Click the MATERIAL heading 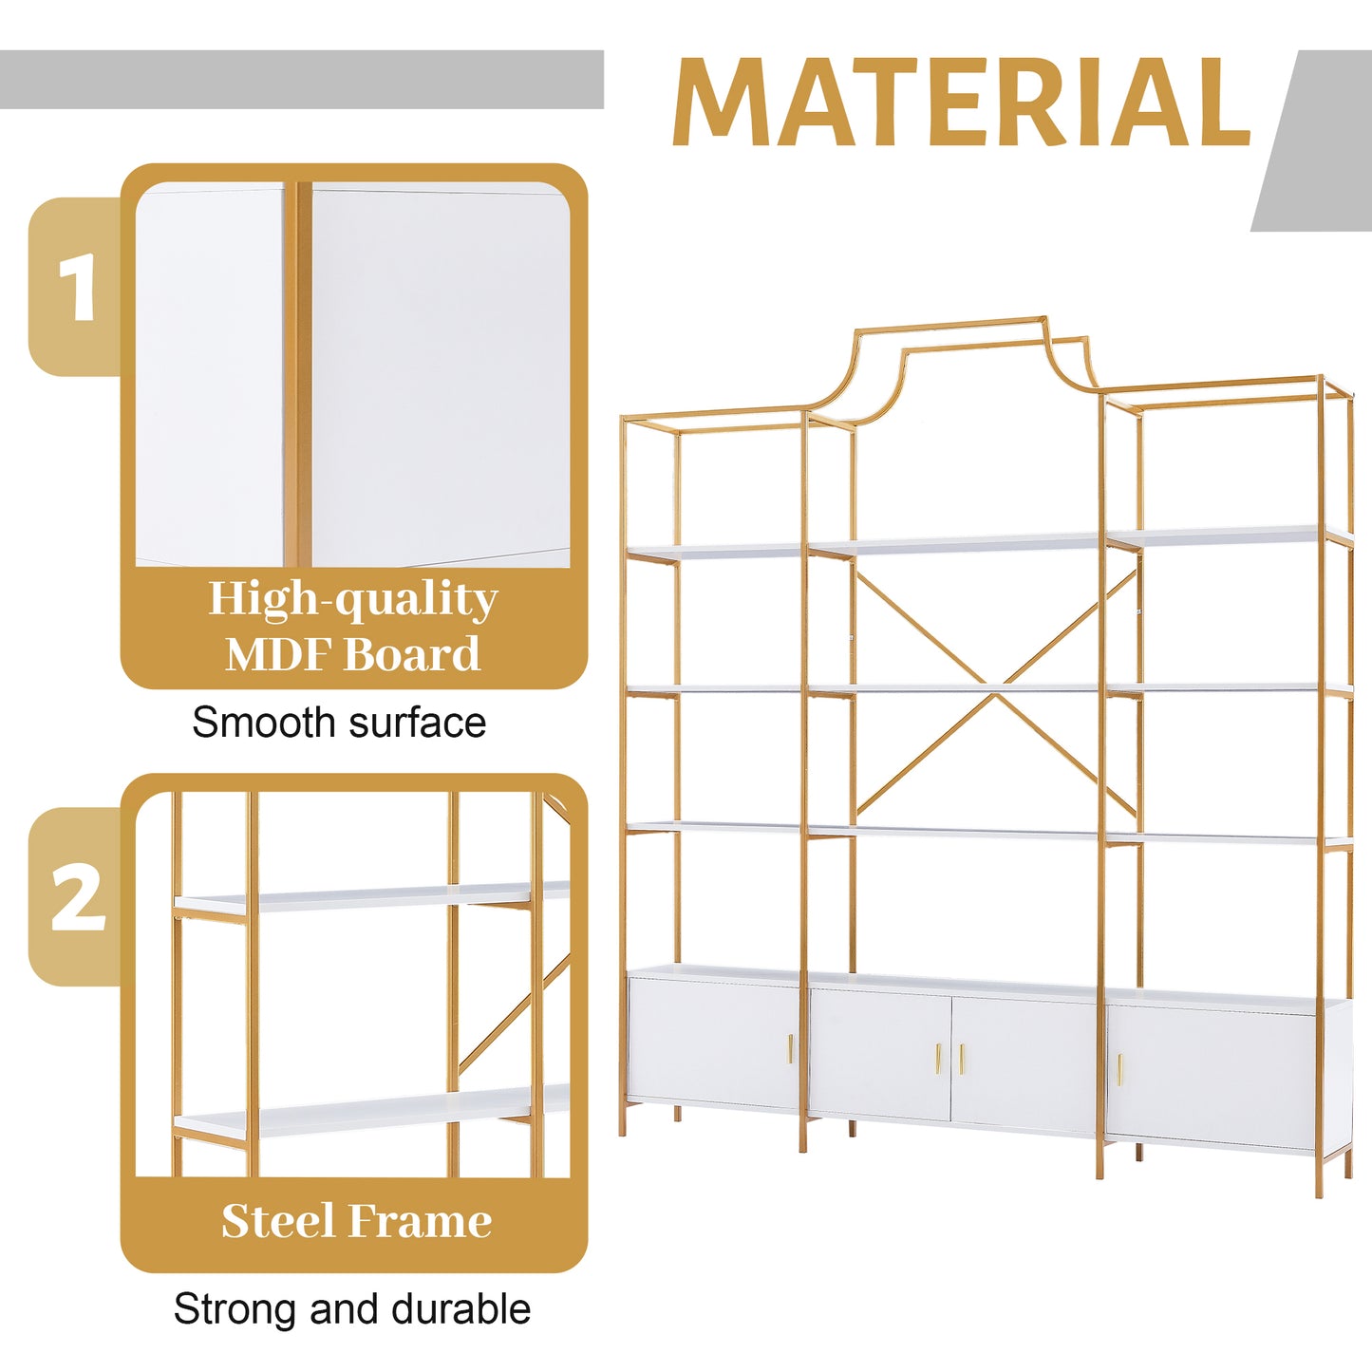[x=961, y=103]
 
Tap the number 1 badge [x=77, y=288]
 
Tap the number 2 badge [x=77, y=897]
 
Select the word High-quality [x=353, y=599]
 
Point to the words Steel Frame [x=356, y=1221]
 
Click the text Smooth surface [x=339, y=723]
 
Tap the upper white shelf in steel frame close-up [x=370, y=895]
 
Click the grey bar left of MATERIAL [x=301, y=80]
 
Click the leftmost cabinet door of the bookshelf [x=712, y=1040]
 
